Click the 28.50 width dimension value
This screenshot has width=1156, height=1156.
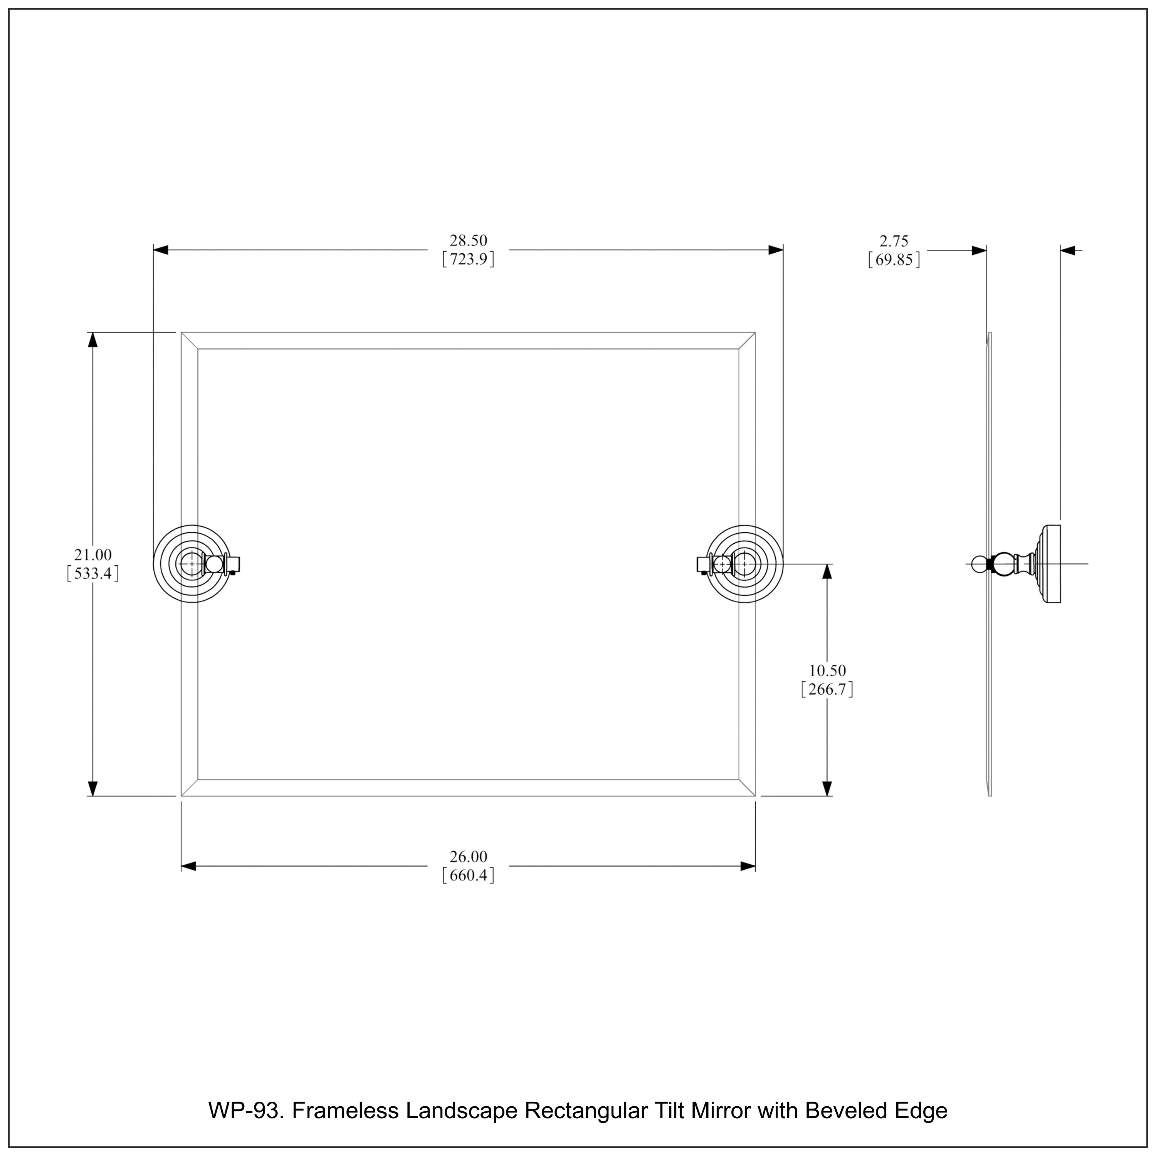pyautogui.click(x=469, y=240)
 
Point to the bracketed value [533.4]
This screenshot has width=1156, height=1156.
pyautogui.click(x=93, y=574)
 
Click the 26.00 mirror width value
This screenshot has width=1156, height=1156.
pyautogui.click(x=469, y=857)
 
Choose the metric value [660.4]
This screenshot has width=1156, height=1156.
pyautogui.click(x=469, y=876)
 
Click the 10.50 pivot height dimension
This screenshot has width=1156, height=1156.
pyautogui.click(x=828, y=671)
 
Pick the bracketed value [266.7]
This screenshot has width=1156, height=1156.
pyautogui.click(x=828, y=690)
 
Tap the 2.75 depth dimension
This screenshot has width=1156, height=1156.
pyautogui.click(x=894, y=241)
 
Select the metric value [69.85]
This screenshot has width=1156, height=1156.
pyautogui.click(x=894, y=260)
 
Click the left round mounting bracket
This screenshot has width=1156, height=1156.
pyautogui.click(x=192, y=564)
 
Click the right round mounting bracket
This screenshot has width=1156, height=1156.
pyautogui.click(x=744, y=564)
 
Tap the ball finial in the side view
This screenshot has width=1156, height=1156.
pyautogui.click(x=978, y=564)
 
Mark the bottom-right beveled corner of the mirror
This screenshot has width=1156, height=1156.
pyautogui.click(x=747, y=788)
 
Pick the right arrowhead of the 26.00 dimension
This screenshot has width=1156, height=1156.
pyautogui.click(x=748, y=866)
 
